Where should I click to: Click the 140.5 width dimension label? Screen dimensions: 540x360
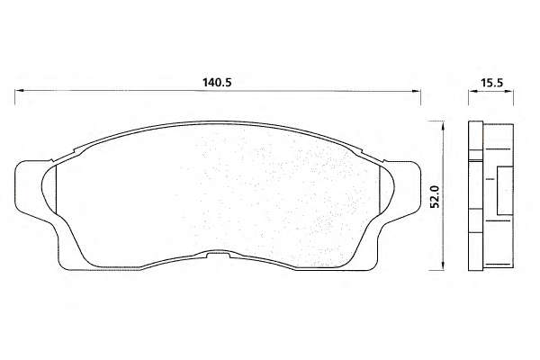[217, 83]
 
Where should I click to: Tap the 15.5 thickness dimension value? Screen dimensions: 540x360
[492, 83]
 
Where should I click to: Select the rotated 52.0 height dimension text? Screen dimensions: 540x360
[436, 196]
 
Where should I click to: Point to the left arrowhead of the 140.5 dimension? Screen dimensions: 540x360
[19, 91]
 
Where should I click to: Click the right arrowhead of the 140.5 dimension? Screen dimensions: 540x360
[417, 91]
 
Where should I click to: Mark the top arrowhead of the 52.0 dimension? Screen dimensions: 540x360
[443, 125]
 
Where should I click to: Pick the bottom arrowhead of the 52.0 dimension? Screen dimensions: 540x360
[443, 266]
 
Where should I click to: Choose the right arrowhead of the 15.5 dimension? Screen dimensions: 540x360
[509, 91]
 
